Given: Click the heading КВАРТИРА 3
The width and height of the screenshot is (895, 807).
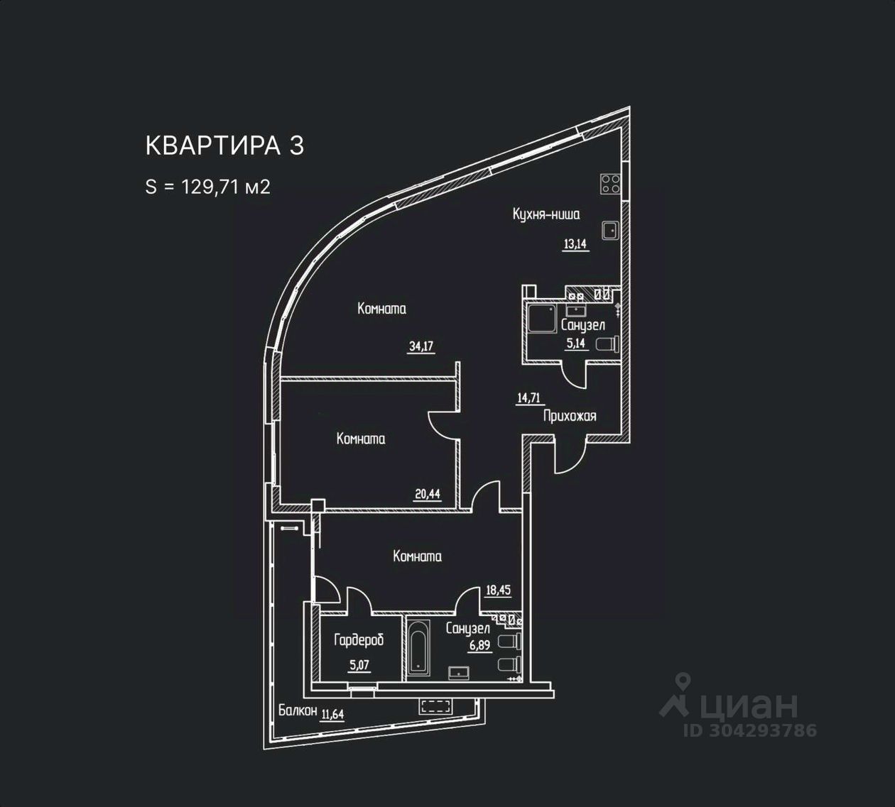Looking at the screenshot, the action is [224, 146].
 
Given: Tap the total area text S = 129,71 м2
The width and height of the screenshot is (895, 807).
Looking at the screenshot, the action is [208, 187].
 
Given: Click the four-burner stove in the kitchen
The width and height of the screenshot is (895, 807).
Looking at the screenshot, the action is [610, 184].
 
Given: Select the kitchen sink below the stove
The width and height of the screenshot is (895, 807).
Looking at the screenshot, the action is [610, 231].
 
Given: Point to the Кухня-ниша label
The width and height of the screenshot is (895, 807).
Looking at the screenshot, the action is [546, 214].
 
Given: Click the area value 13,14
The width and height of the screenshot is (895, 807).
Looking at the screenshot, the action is [575, 244].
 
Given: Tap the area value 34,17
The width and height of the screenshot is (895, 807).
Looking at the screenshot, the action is [421, 346].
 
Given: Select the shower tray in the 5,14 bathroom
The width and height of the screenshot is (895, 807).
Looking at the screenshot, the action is [542, 319].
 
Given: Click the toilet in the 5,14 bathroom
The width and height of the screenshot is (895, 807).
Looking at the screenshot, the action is [607, 345].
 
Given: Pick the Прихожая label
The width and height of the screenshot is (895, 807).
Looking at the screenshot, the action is [570, 417].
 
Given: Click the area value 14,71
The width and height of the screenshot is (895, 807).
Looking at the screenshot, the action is [528, 397].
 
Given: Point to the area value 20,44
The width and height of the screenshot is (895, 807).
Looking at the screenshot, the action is [428, 494].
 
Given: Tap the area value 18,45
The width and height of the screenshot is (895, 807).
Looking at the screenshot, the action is [498, 591].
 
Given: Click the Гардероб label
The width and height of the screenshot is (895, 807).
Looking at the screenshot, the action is [359, 641].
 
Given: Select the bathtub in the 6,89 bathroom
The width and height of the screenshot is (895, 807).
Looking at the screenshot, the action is [418, 648].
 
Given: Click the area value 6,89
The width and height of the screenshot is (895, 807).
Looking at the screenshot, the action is [479, 645].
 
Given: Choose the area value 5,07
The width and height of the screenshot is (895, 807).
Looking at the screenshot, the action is [359, 666].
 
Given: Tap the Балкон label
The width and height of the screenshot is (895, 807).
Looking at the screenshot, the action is [298, 710].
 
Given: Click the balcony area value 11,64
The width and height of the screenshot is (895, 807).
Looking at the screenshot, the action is [332, 714].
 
